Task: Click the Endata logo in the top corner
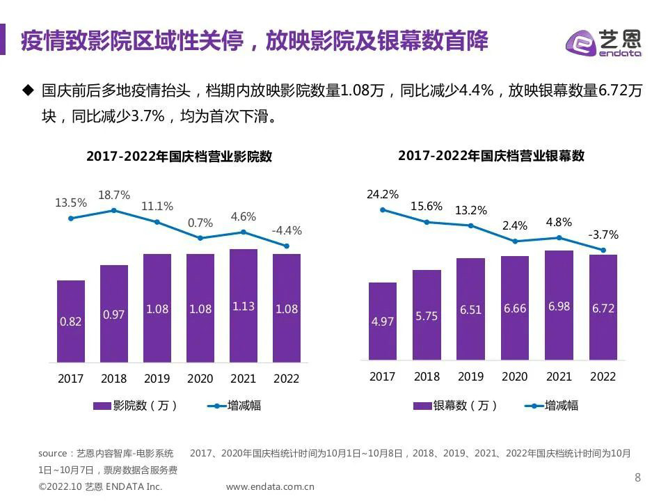coord(603,42)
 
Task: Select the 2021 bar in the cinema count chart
coord(244,305)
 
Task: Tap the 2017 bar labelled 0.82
coord(70,321)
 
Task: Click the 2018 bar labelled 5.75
coord(427,315)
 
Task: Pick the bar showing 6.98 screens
coord(559,305)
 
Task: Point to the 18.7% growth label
coord(113,196)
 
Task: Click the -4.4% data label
coord(286,230)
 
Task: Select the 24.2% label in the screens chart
coord(383,195)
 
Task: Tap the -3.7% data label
coord(603,235)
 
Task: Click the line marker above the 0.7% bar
coord(200,238)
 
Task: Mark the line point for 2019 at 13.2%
coord(471,225)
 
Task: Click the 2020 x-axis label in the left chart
coord(200,379)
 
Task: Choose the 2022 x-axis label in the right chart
coord(603,376)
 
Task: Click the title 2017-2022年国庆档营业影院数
coord(179,157)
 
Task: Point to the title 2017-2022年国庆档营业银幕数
coord(491,156)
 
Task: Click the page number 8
coord(637,477)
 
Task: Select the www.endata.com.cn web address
coord(271,487)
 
